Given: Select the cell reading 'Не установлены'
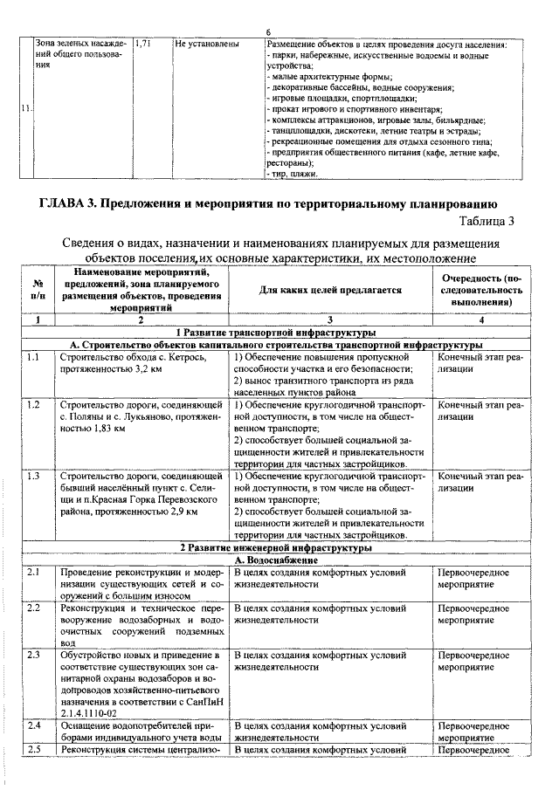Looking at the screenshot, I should [x=206, y=43].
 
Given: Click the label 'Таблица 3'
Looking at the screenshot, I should [x=486, y=221].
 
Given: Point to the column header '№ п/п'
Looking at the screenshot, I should [x=38, y=289].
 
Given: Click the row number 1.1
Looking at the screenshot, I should [x=34, y=357].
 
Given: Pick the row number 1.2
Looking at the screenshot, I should [x=34, y=405].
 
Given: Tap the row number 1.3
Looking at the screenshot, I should [x=34, y=476].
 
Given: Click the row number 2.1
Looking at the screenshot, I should [x=34, y=571].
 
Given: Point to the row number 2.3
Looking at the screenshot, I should [x=34, y=654].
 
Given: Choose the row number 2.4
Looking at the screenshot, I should [x=34, y=726].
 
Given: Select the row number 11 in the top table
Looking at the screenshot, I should [x=25, y=108].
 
